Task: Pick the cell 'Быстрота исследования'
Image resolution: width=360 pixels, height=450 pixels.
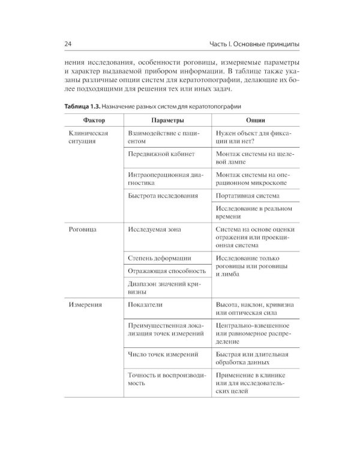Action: click(x=162, y=196)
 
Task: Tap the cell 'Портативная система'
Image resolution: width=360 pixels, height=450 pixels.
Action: click(x=247, y=196)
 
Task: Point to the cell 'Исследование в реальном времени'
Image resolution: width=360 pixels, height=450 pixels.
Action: click(x=253, y=212)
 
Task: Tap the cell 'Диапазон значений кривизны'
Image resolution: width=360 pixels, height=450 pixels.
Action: click(x=163, y=287)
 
